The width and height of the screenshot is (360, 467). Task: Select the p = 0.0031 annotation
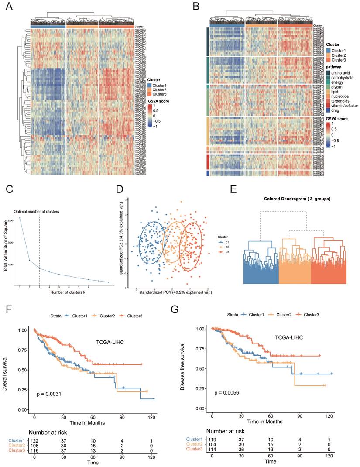[46, 394]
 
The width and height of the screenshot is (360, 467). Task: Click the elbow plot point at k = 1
[20, 218]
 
